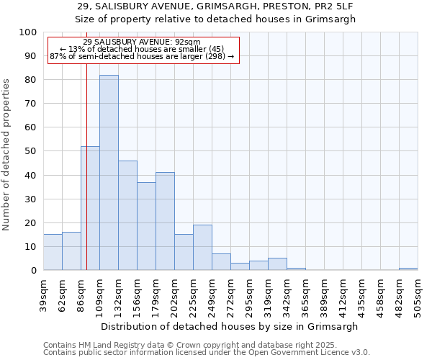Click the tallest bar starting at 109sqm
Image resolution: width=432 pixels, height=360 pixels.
tap(109, 173)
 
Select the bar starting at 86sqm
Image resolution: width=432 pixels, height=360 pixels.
tap(90, 208)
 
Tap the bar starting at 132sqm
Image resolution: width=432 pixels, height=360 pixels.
tap(127, 215)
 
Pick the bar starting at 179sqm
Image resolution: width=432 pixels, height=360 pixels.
tap(165, 221)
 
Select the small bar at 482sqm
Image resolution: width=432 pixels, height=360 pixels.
tap(408, 269)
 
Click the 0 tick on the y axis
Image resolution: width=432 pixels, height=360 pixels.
tap(34, 270)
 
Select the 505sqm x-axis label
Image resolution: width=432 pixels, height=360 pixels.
tap(418, 293)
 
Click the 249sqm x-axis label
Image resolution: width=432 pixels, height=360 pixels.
tap(212, 293)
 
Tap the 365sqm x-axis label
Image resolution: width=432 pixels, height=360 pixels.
tap(305, 293)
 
